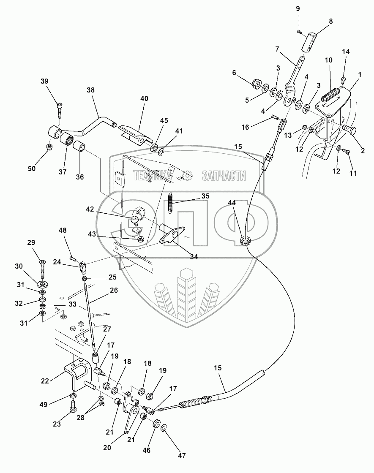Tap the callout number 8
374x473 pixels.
tap(330, 21)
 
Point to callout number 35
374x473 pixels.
tap(205, 196)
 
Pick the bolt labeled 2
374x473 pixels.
tap(350, 130)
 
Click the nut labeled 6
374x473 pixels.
tap(256, 83)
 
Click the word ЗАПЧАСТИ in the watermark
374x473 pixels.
tap(224, 176)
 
